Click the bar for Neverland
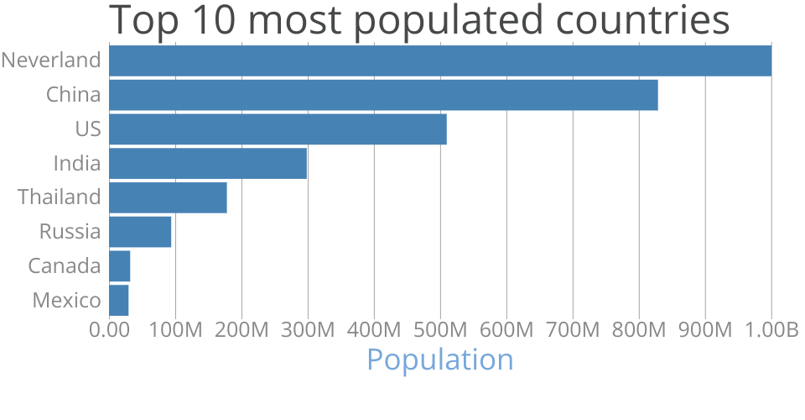[440, 60]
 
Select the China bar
[383, 95]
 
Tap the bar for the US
[278, 129]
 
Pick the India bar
[208, 163]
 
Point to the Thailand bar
[168, 197]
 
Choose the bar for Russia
[140, 232]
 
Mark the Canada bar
[120, 266]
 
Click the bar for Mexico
[119, 300]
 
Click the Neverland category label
[51, 60]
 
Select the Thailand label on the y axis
[60, 197]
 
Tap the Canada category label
[65, 266]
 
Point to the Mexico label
[67, 300]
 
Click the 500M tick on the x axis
[440, 330]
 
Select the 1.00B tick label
[771, 330]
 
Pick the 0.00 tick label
[109, 330]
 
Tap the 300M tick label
[308, 330]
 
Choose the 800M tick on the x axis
[639, 330]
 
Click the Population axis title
[440, 360]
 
